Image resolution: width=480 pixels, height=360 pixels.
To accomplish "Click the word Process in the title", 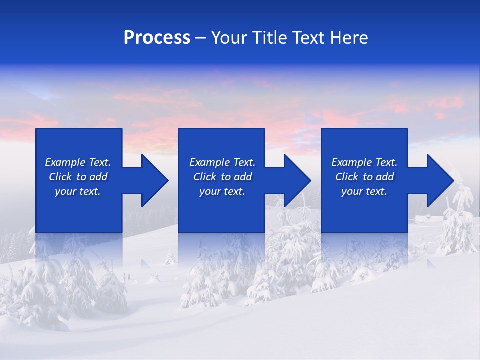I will [x=157, y=38].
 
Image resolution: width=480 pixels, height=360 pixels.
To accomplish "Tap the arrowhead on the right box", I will [x=439, y=180].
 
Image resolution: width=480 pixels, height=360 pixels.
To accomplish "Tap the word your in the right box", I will [x=352, y=192].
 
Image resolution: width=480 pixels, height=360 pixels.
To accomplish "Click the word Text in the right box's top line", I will [x=386, y=162].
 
